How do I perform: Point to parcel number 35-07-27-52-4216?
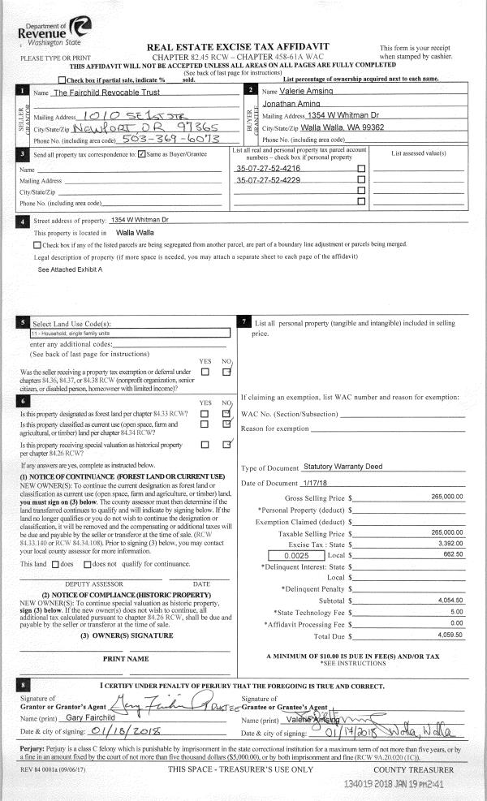click(268, 167)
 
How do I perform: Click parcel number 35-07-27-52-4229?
click(268, 179)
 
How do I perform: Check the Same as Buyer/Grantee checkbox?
click(142, 154)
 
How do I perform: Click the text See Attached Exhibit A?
click(71, 269)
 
